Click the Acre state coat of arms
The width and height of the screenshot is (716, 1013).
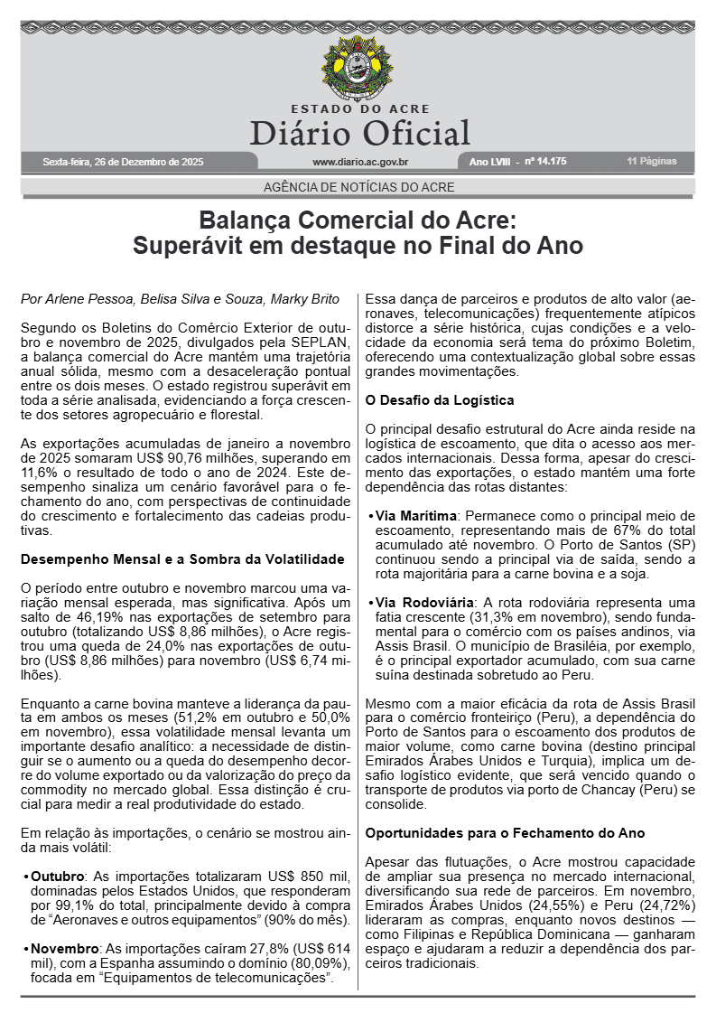(x=358, y=70)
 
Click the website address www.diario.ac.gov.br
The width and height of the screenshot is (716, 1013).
(x=359, y=162)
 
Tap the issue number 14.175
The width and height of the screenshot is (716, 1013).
(x=550, y=162)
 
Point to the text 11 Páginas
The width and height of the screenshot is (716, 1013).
(x=651, y=162)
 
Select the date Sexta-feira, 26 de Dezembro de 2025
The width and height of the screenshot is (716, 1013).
(x=123, y=162)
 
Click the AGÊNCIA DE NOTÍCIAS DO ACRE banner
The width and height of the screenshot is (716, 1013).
(x=358, y=187)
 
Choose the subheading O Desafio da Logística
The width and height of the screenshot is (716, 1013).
(x=439, y=399)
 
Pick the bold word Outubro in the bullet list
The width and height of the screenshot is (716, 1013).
(x=57, y=877)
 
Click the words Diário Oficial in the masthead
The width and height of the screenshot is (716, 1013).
(x=359, y=133)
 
